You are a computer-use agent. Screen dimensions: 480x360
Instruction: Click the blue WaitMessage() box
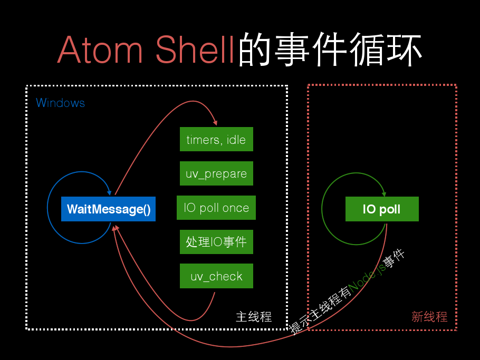[108, 209]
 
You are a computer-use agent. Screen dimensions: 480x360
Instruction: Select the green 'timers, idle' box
[216, 139]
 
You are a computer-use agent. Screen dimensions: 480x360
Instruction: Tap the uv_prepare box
[216, 173]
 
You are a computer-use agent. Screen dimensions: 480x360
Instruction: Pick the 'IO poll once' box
[216, 208]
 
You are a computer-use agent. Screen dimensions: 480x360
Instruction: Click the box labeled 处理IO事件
[216, 242]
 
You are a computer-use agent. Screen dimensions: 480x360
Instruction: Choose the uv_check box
[216, 276]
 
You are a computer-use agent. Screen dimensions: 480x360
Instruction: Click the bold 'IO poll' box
[382, 209]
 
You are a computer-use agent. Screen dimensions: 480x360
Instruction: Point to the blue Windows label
[60, 103]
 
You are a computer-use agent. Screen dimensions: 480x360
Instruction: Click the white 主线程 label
[254, 317]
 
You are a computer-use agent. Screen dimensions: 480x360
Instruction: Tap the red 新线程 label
[429, 317]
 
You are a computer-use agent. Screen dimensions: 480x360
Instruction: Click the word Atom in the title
[100, 50]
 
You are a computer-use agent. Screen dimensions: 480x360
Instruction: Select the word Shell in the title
[195, 49]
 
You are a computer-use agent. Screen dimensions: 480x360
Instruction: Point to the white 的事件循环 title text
[330, 49]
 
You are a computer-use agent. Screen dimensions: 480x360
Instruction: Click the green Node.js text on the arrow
[367, 278]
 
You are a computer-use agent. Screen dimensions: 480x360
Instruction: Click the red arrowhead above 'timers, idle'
[216, 123]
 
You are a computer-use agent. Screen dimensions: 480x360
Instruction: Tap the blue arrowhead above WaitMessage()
[109, 193]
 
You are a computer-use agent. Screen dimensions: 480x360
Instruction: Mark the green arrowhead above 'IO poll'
[384, 194]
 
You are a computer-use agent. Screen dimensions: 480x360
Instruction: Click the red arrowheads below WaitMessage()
[116, 228]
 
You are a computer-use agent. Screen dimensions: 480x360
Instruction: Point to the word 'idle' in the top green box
[236, 140]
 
